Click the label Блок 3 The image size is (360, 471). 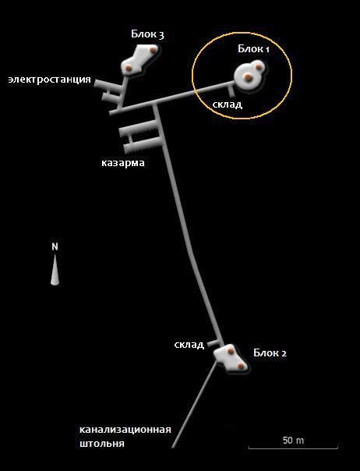(147, 34)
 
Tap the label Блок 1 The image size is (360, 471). (253, 48)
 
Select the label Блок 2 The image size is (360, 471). (270, 352)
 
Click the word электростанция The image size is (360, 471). (50, 80)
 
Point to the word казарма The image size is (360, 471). (123, 163)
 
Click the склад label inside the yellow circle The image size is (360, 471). (228, 104)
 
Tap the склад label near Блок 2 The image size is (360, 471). (189, 344)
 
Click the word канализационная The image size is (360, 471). (125, 429)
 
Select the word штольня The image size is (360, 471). (102, 444)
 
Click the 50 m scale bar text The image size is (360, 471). (293, 441)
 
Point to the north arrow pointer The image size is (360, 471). (55, 269)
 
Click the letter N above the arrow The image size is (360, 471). (55, 246)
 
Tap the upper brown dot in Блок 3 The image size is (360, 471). (154, 50)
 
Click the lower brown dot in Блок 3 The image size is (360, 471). (129, 68)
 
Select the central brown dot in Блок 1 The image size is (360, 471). (248, 77)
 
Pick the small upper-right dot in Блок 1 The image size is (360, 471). (258, 67)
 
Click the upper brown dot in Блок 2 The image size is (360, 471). (230, 351)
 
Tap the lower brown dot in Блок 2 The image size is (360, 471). (240, 366)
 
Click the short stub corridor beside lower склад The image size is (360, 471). (214, 343)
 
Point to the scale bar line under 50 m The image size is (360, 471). (293, 448)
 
